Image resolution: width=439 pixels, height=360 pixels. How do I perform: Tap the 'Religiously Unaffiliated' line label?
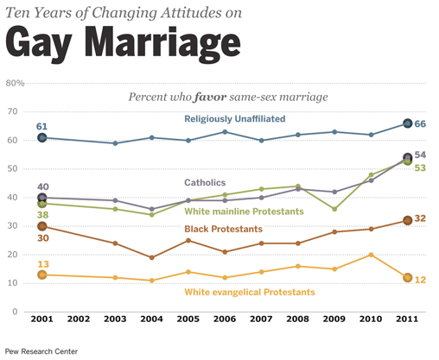234,118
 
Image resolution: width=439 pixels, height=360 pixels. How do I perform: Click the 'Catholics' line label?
205,182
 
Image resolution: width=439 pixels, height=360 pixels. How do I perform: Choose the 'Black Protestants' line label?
225,229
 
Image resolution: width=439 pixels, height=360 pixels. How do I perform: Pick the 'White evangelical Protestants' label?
251,293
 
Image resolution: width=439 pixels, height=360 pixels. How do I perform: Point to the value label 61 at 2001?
41,127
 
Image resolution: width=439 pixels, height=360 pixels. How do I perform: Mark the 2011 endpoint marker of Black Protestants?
408,220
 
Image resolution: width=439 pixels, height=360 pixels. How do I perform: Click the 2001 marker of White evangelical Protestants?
41,275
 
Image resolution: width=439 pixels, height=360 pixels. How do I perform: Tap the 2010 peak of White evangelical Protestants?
371,255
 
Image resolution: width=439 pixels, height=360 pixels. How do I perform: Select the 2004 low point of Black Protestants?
151,257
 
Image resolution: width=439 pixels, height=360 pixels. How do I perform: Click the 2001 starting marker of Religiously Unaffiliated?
41,137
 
